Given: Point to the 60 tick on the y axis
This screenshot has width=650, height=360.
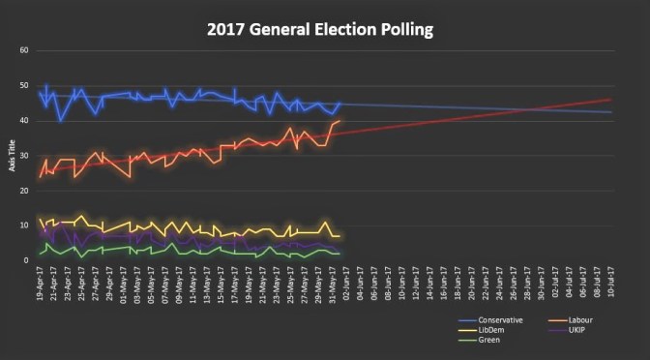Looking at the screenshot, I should coord(23,50).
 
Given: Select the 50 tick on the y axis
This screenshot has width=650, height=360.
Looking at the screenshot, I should coord(23,85).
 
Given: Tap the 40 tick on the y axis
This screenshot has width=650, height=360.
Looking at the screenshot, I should coord(23,120).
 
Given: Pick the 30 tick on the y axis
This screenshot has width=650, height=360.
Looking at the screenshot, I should coord(23,155).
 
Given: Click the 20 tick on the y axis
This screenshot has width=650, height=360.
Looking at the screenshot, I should coord(23,191).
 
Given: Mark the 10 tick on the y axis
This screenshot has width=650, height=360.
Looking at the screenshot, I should coord(23,225).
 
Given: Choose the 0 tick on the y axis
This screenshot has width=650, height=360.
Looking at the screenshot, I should coord(25,260).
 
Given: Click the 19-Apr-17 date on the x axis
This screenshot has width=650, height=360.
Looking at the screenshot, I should coord(40,283).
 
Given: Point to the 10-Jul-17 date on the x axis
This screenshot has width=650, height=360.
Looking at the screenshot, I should coord(611,283).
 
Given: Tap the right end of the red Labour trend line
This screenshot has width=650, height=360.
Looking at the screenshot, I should coord(610,100).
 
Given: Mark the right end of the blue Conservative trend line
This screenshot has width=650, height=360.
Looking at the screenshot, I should coord(610,112).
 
